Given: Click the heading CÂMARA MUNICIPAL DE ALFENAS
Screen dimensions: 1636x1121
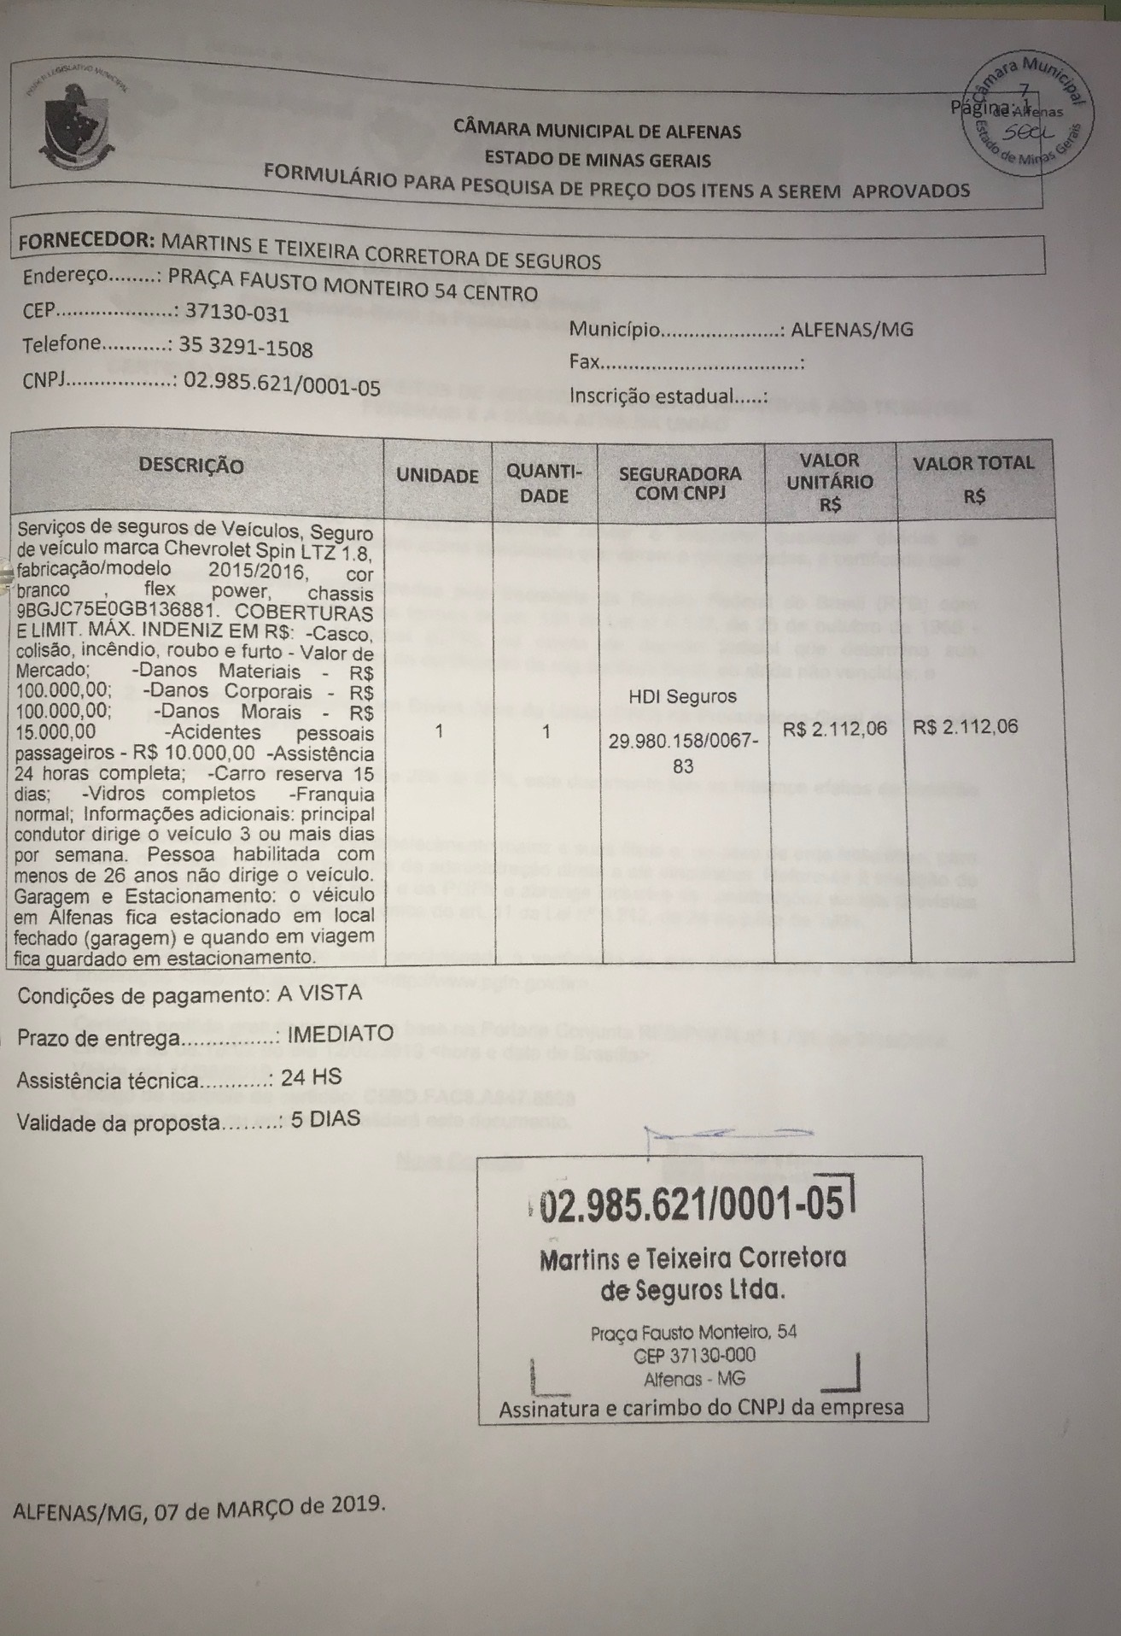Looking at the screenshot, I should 597,132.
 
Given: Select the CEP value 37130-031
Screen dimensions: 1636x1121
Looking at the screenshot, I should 236,313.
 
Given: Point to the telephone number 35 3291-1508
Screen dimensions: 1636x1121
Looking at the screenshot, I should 245,348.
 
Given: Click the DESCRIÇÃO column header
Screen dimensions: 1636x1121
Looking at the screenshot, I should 191,466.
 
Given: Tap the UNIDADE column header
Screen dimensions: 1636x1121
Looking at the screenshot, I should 437,476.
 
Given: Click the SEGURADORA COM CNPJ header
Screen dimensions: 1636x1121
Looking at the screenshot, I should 680,483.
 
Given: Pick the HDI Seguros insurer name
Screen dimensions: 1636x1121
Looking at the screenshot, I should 681,696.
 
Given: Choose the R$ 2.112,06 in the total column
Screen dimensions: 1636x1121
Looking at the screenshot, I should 965,727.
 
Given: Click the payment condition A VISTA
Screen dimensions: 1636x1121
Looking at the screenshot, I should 320,994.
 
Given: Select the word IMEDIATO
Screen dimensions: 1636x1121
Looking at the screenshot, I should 340,1034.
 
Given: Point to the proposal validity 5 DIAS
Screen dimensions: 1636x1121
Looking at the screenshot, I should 325,1118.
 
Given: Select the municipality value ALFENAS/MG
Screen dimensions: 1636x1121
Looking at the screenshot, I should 852,330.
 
